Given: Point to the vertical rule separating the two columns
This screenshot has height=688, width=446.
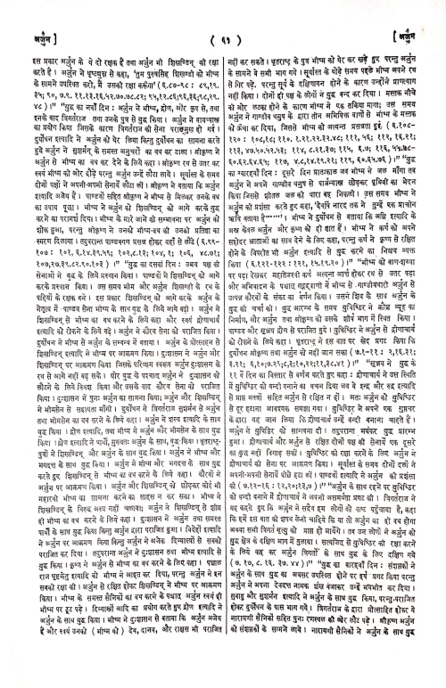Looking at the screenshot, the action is (223, 356).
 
